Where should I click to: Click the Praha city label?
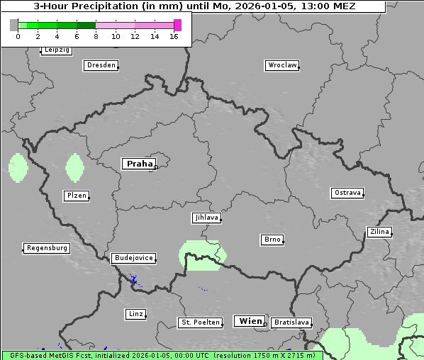(139, 164)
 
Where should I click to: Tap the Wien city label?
(250, 321)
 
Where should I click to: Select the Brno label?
(272, 240)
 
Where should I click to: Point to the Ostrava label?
(347, 193)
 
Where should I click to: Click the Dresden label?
(101, 65)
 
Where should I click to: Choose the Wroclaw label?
(281, 65)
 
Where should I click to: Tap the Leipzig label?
(56, 50)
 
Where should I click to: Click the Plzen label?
(76, 196)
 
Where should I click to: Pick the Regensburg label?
(47, 248)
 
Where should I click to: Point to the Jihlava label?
(206, 218)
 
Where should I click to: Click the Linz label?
(135, 313)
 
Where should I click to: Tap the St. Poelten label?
(199, 322)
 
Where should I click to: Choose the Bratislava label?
(291, 322)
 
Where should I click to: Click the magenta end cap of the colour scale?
(177, 25)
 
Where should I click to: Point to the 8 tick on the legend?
(96, 35)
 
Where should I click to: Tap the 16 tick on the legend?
(174, 35)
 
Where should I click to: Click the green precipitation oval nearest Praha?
(74, 168)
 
